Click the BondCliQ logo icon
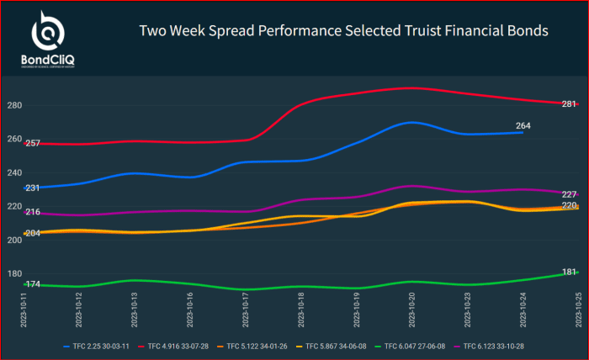(x=48, y=31)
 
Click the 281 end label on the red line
(x=569, y=103)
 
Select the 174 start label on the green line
(x=33, y=284)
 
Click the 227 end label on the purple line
(x=569, y=194)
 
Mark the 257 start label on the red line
(x=33, y=144)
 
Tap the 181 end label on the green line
(x=569, y=273)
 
